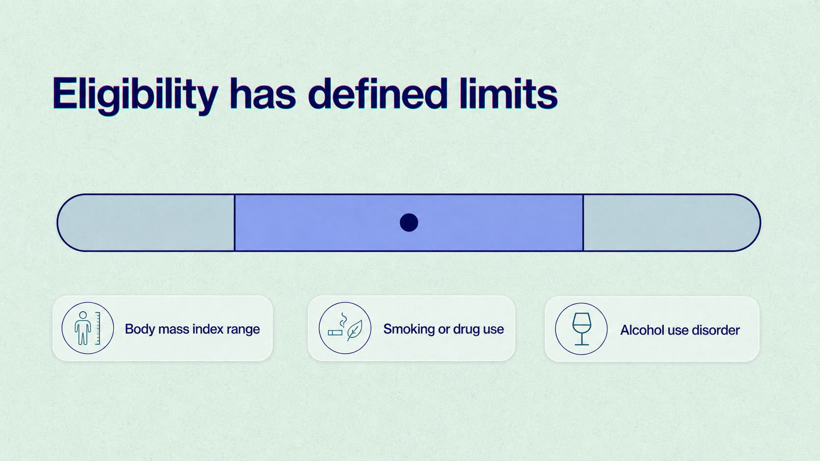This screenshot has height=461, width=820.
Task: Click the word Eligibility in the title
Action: tap(135, 95)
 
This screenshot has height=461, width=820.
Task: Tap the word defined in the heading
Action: tap(378, 93)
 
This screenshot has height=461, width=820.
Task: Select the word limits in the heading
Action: tap(509, 93)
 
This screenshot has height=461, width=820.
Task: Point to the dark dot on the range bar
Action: tap(409, 222)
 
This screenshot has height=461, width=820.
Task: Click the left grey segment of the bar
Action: tap(147, 222)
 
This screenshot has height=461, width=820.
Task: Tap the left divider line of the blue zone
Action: tap(234, 222)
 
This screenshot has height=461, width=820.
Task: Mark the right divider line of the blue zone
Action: tap(583, 222)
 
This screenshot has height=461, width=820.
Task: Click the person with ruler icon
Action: tap(87, 328)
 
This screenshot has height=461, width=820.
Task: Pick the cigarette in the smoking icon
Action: tap(335, 333)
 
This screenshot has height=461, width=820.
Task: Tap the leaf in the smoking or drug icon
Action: tap(355, 330)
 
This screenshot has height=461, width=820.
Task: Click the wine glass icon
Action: tap(581, 329)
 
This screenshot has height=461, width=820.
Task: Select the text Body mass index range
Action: tap(193, 329)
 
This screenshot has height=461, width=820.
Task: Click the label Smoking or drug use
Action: tap(443, 329)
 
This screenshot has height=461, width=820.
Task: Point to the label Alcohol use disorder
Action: tap(680, 330)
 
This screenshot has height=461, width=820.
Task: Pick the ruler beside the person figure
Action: tap(98, 328)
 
